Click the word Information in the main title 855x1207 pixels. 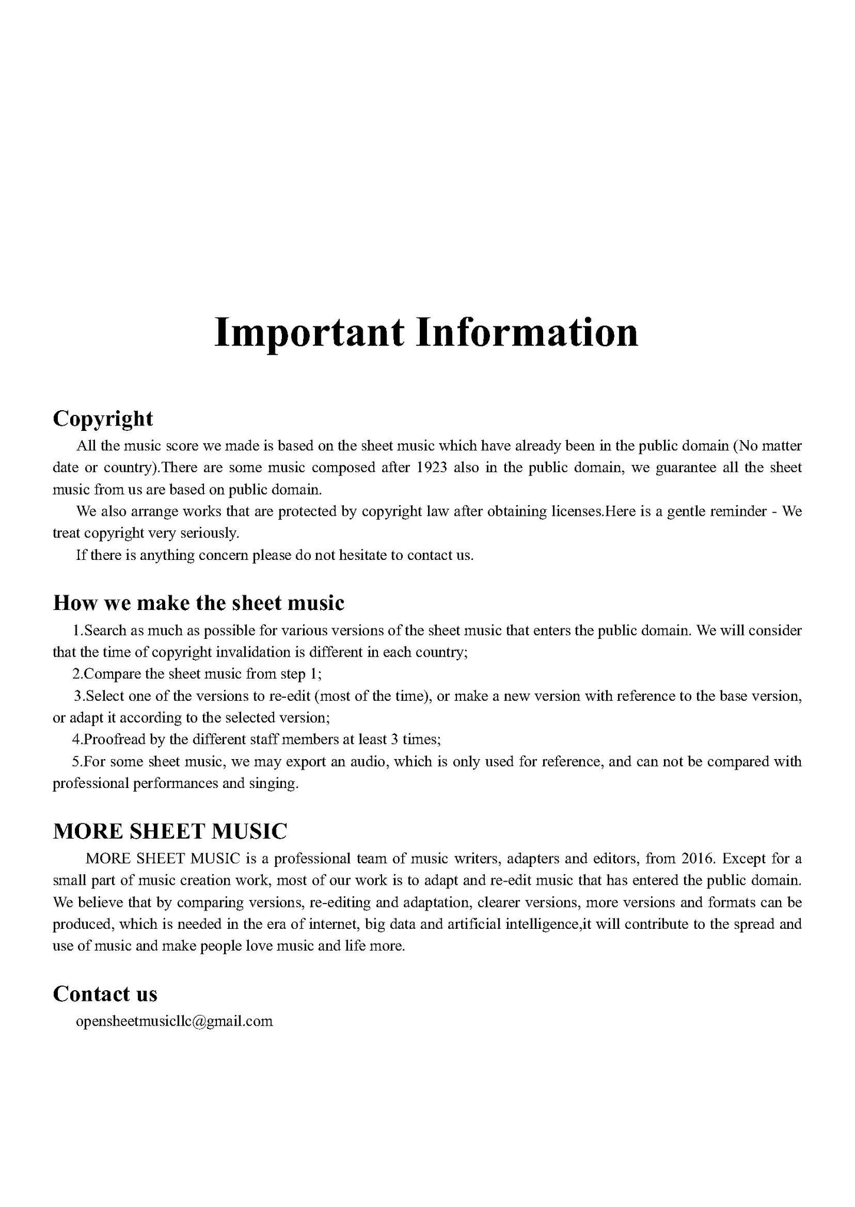(527, 332)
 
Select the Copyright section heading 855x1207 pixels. (103, 418)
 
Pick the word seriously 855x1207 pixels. (209, 533)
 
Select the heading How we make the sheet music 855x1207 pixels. (199, 603)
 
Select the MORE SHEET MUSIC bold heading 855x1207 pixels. (170, 832)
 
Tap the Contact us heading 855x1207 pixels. (105, 994)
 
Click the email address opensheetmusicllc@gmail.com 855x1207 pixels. (175, 1021)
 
